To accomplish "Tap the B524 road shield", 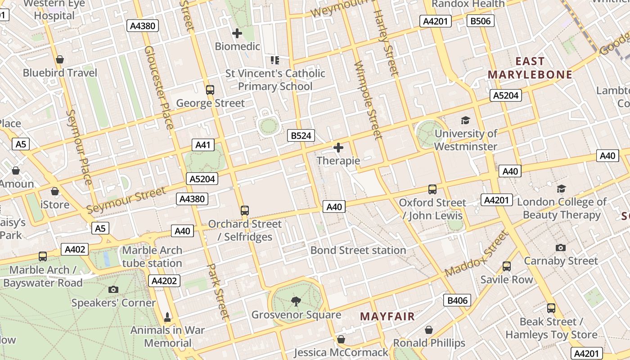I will [301, 135].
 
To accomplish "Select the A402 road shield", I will [75, 249].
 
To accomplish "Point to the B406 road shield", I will [457, 301].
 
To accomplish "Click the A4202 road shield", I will [165, 281].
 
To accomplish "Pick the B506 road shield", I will [481, 21].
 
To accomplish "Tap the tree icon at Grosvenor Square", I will [296, 301].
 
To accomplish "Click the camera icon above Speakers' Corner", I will [113, 289].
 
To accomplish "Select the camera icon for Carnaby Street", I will [560, 247].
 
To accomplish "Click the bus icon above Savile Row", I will [507, 266].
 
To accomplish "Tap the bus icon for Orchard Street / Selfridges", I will [245, 210].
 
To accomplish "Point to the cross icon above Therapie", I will [338, 147].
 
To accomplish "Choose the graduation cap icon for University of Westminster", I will [465, 120].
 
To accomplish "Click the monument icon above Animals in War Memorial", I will [167, 317].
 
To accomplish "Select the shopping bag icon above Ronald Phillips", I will [429, 330].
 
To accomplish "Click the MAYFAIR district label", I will [387, 316].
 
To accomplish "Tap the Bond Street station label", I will [358, 250].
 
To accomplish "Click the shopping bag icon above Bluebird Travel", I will [60, 59].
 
